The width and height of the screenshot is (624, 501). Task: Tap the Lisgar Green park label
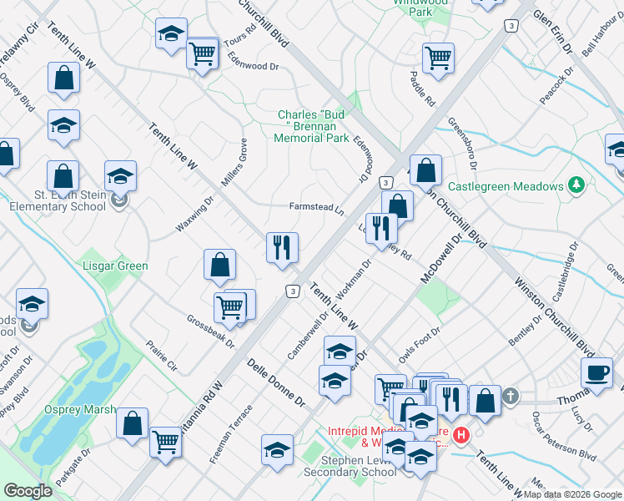pyautogui.click(x=117, y=266)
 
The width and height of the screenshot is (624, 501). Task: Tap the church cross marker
pyautogui.click(x=510, y=397)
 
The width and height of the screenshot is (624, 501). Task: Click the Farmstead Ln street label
pyautogui.click(x=316, y=206)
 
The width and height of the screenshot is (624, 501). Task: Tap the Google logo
pyautogui.click(x=28, y=490)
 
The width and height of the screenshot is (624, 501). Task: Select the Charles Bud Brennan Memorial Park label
pyautogui.click(x=313, y=126)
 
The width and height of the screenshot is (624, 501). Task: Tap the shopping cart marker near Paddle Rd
pyautogui.click(x=438, y=58)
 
